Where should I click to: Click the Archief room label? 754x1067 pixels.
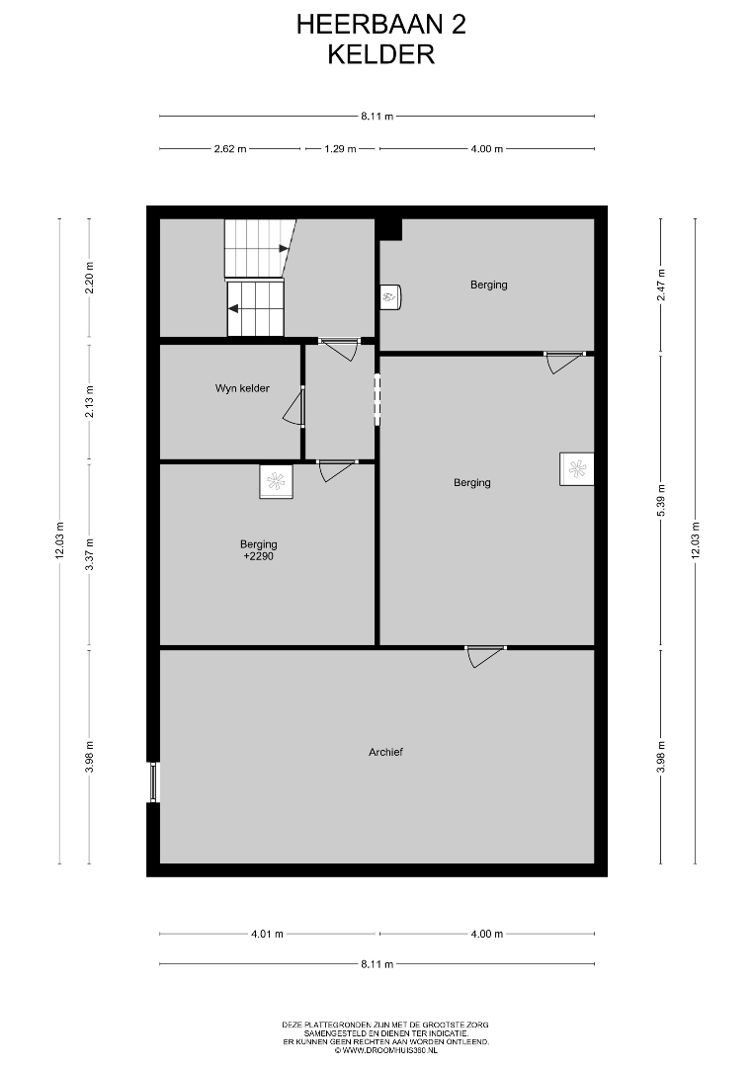pyautogui.click(x=385, y=752)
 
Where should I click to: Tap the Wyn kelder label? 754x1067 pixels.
pyautogui.click(x=242, y=388)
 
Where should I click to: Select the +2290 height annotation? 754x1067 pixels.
pyautogui.click(x=259, y=556)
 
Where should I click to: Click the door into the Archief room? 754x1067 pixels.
pyautogui.click(x=485, y=656)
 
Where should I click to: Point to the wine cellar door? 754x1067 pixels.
pyautogui.click(x=294, y=406)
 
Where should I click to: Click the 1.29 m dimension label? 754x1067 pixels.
pyautogui.click(x=340, y=149)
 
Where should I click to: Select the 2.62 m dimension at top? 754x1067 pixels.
pyautogui.click(x=230, y=149)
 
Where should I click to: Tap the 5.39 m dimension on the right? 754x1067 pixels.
pyautogui.click(x=661, y=500)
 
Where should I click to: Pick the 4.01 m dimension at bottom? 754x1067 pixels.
pyautogui.click(x=267, y=934)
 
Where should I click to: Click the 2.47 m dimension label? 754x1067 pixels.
pyautogui.click(x=661, y=286)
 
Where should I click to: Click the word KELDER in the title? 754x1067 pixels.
pyautogui.click(x=381, y=54)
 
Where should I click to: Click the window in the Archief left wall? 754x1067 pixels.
pyautogui.click(x=154, y=781)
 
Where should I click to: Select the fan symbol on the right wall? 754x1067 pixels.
pyautogui.click(x=577, y=469)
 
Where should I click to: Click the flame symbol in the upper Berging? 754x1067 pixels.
pyautogui.click(x=390, y=296)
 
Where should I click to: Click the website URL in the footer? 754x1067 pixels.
pyautogui.click(x=385, y=1051)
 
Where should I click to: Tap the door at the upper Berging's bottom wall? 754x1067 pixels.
pyautogui.click(x=564, y=362)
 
